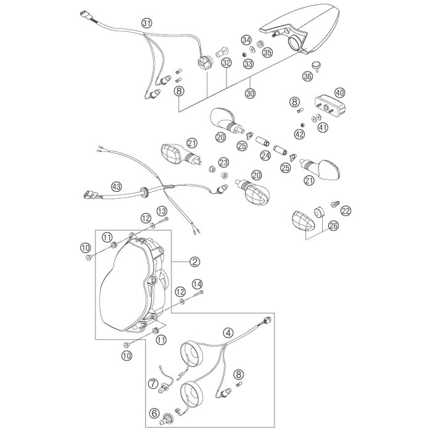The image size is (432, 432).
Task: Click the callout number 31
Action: tap(147, 23)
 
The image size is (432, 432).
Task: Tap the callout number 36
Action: tap(307, 76)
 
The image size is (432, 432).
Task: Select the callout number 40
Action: tap(339, 93)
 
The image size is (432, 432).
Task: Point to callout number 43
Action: tap(117, 187)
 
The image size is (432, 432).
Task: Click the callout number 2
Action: tap(195, 261)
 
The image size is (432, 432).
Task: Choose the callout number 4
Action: tap(228, 333)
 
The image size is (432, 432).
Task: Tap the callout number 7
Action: tap(153, 383)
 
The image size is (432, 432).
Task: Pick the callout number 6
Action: tap(154, 413)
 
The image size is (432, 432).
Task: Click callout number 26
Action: tap(334, 226)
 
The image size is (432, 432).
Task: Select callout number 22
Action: tap(346, 211)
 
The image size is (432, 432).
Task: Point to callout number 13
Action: tap(162, 211)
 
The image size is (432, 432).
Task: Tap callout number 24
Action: tap(265, 156)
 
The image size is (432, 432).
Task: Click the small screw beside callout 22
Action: tap(335, 204)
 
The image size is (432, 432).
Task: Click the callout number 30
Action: tap(250, 93)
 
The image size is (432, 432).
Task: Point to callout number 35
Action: tap(267, 52)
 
